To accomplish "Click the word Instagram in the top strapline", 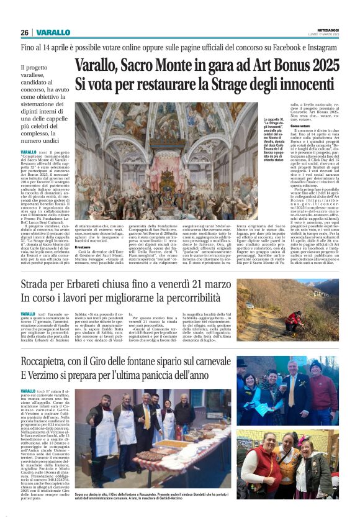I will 325,47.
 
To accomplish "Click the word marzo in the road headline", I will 216,284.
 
